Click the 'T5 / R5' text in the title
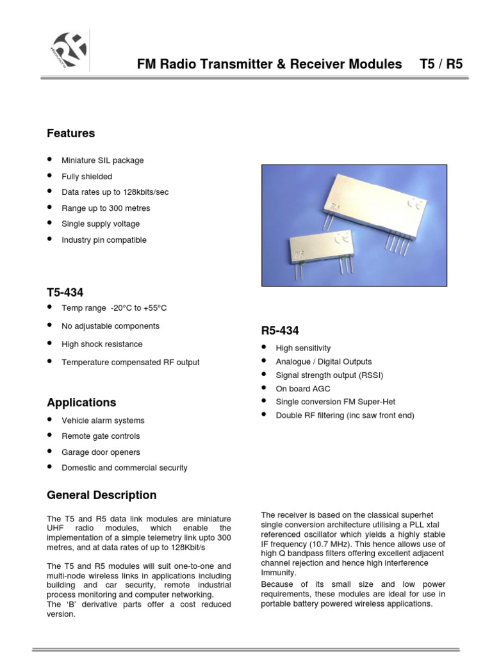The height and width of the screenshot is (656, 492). (441, 65)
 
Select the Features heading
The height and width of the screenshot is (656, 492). (70, 133)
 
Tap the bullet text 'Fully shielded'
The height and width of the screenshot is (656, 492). (86, 176)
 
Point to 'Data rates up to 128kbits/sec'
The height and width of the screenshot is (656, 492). (115, 192)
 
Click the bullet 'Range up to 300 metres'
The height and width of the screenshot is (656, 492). (106, 208)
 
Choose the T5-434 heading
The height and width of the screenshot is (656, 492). (65, 292)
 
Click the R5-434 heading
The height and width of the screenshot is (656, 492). (280, 331)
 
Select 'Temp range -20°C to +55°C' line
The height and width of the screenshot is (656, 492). (113, 308)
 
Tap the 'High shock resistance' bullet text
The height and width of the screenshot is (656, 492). (102, 344)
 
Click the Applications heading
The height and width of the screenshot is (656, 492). (81, 402)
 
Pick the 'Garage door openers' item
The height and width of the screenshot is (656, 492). (101, 452)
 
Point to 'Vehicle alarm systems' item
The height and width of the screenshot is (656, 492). (102, 421)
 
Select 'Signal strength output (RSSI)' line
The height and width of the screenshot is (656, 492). (329, 375)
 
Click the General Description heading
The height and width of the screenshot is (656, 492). (101, 495)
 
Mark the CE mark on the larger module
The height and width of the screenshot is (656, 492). (415, 204)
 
